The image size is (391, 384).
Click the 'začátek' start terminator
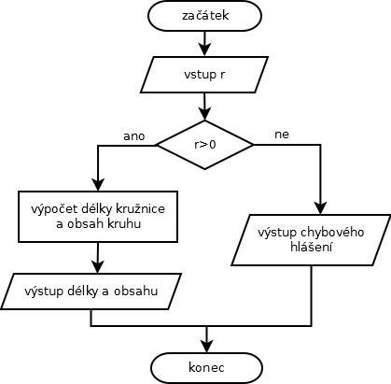click(204, 16)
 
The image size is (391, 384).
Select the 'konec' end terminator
click(206, 368)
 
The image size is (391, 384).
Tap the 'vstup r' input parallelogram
click(204, 75)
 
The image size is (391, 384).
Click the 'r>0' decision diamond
click(204, 145)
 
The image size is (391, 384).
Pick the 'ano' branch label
click(134, 136)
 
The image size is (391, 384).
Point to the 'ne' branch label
click(282, 135)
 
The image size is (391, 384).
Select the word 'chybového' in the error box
click(332, 233)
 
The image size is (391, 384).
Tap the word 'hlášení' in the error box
click(312, 247)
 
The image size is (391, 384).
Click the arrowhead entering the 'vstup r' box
click(204, 50)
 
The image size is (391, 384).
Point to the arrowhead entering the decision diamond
click(204, 114)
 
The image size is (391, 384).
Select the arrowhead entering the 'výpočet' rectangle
click(98, 185)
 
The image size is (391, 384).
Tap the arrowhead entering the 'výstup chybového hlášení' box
click(320, 208)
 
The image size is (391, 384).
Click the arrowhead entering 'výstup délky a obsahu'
click(98, 267)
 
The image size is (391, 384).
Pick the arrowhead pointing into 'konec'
click(206, 347)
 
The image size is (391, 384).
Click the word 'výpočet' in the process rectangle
click(54, 209)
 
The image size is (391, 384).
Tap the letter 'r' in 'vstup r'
click(221, 76)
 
